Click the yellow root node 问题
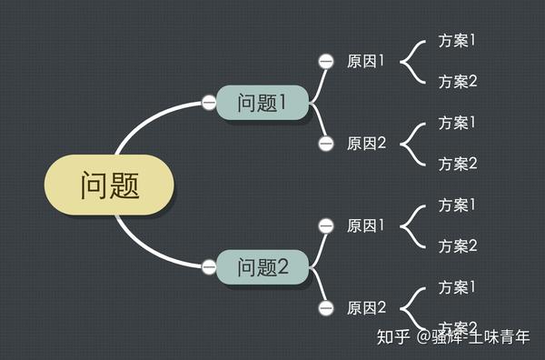[109, 185]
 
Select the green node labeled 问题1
[262, 103]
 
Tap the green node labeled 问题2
[262, 267]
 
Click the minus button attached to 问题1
[209, 103]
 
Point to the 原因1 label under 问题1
[366, 62]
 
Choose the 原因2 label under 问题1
[366, 144]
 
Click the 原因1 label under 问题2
[366, 225]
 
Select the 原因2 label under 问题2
[366, 308]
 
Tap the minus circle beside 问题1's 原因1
[326, 62]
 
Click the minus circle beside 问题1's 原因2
[326, 144]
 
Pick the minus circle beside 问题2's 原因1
[326, 225]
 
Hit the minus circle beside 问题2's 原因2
[326, 308]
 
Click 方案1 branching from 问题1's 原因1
[458, 41]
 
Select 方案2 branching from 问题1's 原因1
[458, 82]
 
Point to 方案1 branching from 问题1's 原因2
[458, 123]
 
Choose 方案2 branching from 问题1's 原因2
[458, 164]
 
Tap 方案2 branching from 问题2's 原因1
[458, 246]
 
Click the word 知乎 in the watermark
[393, 337]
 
